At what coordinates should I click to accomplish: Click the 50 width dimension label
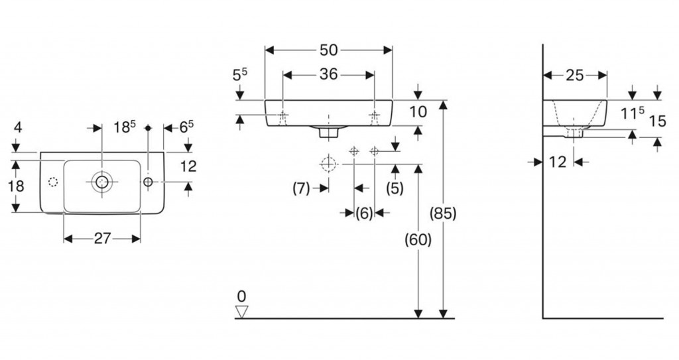pyautogui.click(x=329, y=50)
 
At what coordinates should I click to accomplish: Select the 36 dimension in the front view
pyautogui.click(x=329, y=74)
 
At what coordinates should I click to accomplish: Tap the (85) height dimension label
pyautogui.click(x=443, y=213)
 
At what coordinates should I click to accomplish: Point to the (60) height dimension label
pyautogui.click(x=418, y=239)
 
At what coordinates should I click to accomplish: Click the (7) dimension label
pyautogui.click(x=302, y=188)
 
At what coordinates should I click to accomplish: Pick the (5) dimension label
pyautogui.click(x=395, y=188)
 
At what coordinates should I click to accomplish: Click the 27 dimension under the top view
pyautogui.click(x=101, y=239)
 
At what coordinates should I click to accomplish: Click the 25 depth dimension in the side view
pyautogui.click(x=575, y=75)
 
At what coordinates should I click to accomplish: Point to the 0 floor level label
pyautogui.click(x=242, y=296)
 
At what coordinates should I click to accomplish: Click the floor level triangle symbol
pyautogui.click(x=242, y=311)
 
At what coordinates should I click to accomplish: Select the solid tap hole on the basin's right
pyautogui.click(x=147, y=181)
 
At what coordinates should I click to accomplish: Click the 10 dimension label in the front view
pyautogui.click(x=418, y=112)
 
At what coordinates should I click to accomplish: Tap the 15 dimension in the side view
pyautogui.click(x=657, y=121)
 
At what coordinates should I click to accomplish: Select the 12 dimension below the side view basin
pyautogui.click(x=558, y=161)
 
